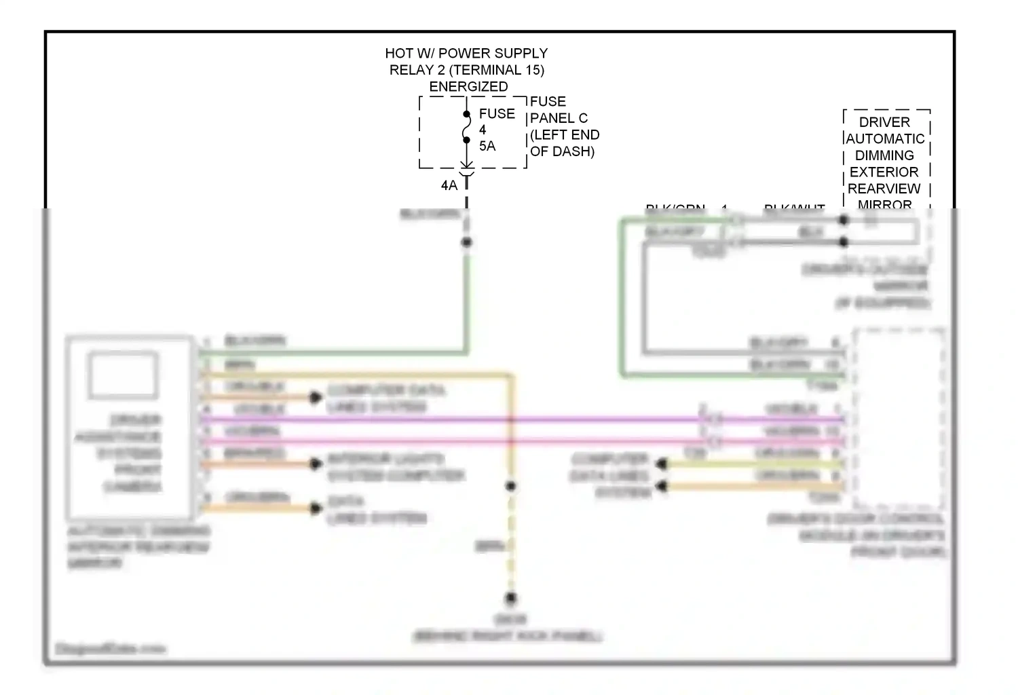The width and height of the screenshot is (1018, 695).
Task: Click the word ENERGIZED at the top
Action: [x=468, y=87]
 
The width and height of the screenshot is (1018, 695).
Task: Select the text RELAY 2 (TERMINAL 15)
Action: [x=466, y=70]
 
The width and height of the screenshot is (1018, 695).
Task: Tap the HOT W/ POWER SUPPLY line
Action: [x=466, y=53]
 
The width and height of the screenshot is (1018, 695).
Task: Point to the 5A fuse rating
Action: [x=487, y=146]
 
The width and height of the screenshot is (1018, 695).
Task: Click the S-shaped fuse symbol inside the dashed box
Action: [x=466, y=128]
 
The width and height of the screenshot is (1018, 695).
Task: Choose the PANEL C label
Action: [x=559, y=118]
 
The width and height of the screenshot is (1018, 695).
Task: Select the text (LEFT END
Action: [x=565, y=134]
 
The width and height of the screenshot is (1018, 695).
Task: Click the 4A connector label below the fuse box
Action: [x=449, y=185]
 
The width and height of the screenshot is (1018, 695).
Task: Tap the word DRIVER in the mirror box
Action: [x=884, y=122]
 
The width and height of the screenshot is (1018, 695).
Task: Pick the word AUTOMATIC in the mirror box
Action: [x=885, y=138]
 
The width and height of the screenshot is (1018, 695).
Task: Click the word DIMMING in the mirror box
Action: [x=884, y=155]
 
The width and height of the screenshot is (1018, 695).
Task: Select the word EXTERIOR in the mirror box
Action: [x=884, y=172]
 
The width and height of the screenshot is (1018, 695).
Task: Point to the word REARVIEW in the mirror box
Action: [x=884, y=189]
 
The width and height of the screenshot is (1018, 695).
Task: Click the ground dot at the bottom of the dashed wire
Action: [x=511, y=599]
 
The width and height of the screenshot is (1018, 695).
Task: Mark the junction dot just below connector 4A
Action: [x=466, y=242]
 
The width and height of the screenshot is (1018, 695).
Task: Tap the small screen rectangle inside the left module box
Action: [x=123, y=375]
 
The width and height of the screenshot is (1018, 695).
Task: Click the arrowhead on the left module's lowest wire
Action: [x=316, y=508]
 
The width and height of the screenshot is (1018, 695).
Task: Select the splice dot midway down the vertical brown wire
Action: [x=511, y=486]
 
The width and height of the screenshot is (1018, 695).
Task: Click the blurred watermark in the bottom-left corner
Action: [x=111, y=649]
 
